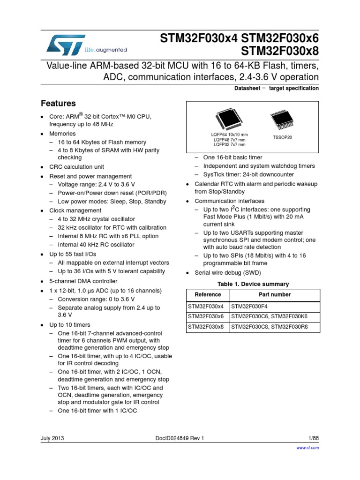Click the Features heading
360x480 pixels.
59,103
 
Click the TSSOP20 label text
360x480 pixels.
282,137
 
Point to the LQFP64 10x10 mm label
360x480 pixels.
229,135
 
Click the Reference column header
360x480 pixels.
208,294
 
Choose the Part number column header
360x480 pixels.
275,294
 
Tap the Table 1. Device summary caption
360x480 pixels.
253,284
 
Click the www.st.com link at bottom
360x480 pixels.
308,448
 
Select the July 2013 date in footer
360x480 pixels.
52,438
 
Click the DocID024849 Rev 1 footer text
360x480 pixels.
180,438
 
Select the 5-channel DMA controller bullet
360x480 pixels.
83,281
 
